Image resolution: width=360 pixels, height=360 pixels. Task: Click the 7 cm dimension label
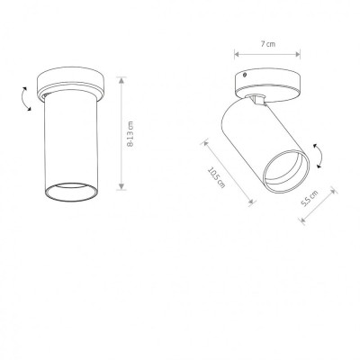click(x=268, y=44)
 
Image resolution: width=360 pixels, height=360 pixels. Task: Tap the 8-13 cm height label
click(x=130, y=134)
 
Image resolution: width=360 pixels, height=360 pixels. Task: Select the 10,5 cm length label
click(x=216, y=177)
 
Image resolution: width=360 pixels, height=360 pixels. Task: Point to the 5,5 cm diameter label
click(x=310, y=199)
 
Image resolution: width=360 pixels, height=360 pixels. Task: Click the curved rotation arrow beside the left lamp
click(x=24, y=99)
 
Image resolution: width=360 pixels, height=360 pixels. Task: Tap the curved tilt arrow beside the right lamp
click(x=319, y=156)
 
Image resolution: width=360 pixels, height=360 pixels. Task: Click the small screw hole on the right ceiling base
click(x=245, y=75)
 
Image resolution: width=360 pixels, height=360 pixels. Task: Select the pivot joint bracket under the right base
click(x=257, y=99)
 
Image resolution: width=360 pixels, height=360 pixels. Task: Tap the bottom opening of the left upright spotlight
click(x=71, y=192)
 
